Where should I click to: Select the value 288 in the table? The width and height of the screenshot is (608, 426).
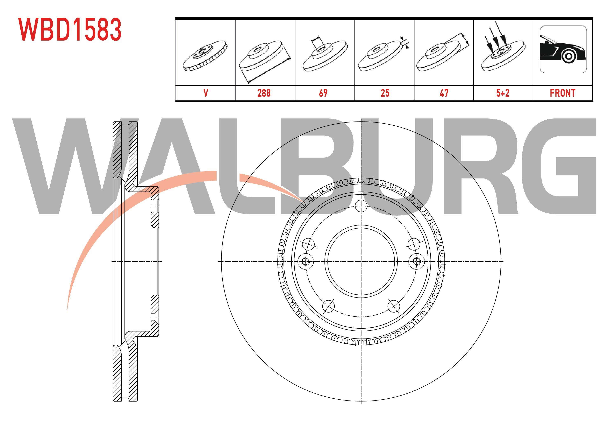(x=264, y=93)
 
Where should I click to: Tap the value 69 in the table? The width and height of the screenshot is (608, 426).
(x=323, y=93)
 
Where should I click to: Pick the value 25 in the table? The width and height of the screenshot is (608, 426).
(x=385, y=93)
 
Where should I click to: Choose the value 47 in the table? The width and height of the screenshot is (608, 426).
(x=444, y=93)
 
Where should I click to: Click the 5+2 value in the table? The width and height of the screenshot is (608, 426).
(x=503, y=93)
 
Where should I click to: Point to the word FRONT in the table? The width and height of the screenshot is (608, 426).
(x=563, y=93)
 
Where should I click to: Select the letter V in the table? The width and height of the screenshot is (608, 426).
(x=206, y=93)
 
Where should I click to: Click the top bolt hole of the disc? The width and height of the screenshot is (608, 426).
(x=361, y=206)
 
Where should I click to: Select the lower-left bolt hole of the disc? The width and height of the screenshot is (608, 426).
(x=328, y=306)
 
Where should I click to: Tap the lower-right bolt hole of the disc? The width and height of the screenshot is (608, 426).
(x=394, y=306)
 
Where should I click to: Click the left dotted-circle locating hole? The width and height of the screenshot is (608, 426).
(x=305, y=261)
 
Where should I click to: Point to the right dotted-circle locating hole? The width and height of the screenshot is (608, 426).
(x=417, y=261)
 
